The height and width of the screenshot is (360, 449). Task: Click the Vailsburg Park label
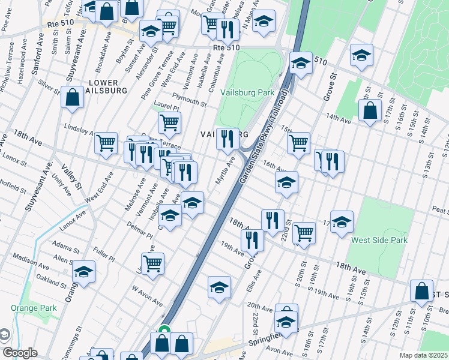tap(247, 92)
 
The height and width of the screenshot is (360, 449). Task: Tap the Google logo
tap(20, 353)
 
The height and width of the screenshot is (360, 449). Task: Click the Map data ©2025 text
tap(423, 355)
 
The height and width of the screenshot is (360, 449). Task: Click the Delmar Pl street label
tap(140, 234)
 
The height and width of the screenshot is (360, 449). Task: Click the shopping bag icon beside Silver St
tap(72, 97)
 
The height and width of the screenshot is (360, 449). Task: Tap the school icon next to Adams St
tap(84, 271)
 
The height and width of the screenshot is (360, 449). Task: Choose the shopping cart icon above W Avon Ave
tap(153, 262)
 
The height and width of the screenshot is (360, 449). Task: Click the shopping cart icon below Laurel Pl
tap(170, 122)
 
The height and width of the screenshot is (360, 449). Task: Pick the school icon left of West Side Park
tap(342, 221)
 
